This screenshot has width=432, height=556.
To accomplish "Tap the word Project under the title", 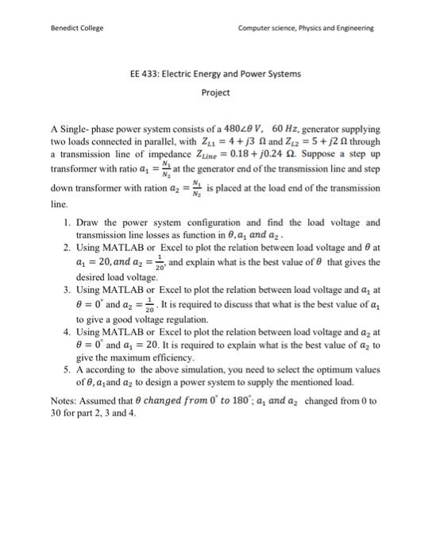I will click(215, 92).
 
